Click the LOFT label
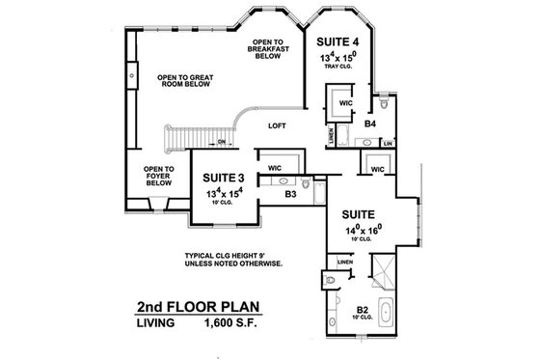click(278, 125)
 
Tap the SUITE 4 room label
click(339, 42)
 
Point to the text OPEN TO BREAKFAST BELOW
click(267, 49)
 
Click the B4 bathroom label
click(369, 124)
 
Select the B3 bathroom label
click(290, 194)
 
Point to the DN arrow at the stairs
click(221, 143)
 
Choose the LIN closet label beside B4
click(388, 144)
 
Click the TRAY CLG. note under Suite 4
click(339, 70)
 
